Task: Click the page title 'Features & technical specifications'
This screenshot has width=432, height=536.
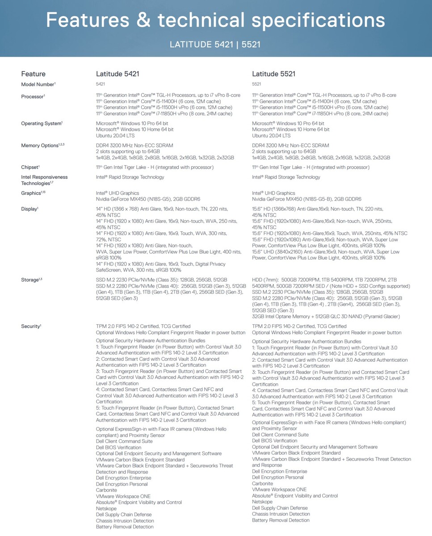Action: (x=215, y=20)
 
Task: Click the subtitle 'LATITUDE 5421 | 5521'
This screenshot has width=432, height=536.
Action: (x=215, y=44)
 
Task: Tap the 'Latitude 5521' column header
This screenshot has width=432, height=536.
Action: (x=273, y=74)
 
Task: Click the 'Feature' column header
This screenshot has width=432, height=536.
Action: (x=33, y=74)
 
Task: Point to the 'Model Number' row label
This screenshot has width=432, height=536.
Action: (x=38, y=84)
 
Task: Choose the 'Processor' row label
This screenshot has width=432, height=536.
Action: (x=33, y=96)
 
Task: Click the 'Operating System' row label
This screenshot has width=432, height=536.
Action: (x=42, y=123)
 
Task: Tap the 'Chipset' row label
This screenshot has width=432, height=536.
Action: (x=30, y=167)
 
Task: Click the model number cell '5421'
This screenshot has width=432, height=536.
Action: (x=101, y=84)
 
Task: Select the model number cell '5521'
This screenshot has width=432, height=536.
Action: (x=256, y=84)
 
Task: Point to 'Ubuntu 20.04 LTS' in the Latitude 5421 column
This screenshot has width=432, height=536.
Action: (x=115, y=135)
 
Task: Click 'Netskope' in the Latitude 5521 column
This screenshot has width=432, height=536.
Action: (x=262, y=502)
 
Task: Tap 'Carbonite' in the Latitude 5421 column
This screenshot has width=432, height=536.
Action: (x=106, y=490)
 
